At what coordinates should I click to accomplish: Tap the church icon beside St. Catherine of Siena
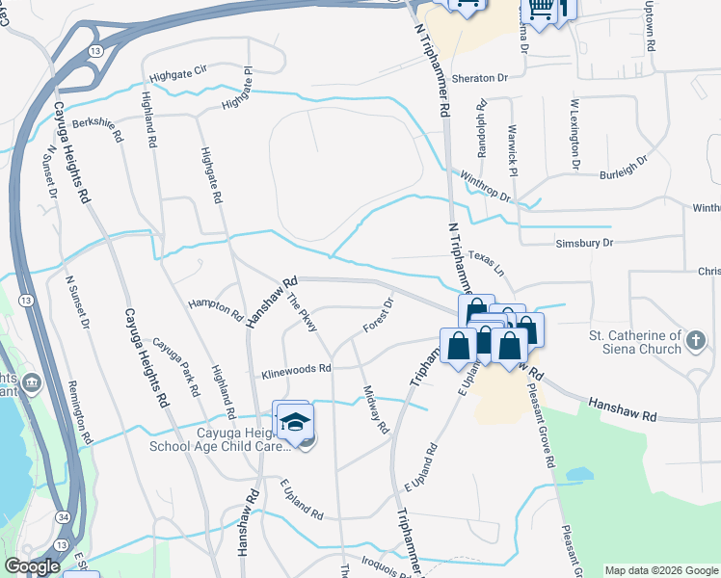coord(694,338)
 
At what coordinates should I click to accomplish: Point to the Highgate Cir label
coord(178,74)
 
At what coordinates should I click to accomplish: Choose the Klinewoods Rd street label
coord(296,368)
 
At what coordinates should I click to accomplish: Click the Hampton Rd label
coord(216,309)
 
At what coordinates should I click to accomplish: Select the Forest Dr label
coord(379,315)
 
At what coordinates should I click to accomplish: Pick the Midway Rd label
coord(375,407)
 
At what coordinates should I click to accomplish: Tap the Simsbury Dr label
coord(584,244)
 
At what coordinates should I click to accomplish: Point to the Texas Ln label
coord(486,260)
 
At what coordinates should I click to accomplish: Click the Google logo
coord(32,566)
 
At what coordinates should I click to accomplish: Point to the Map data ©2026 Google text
coord(661,570)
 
